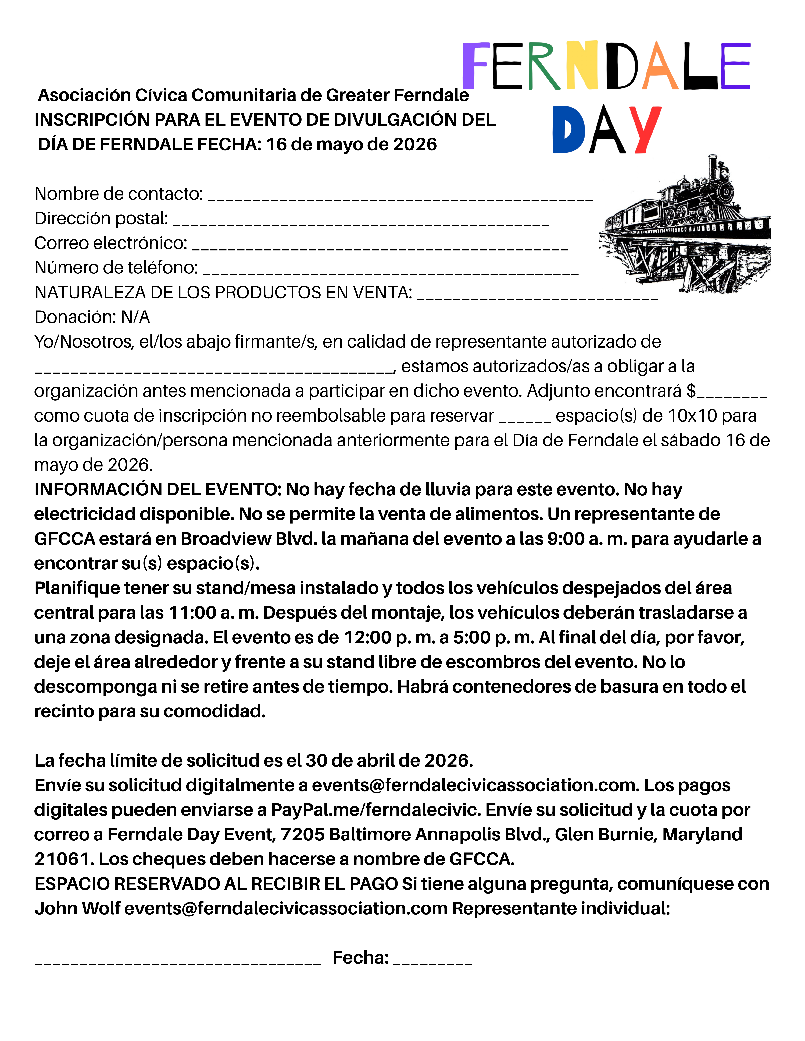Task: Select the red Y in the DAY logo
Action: point(645,129)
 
